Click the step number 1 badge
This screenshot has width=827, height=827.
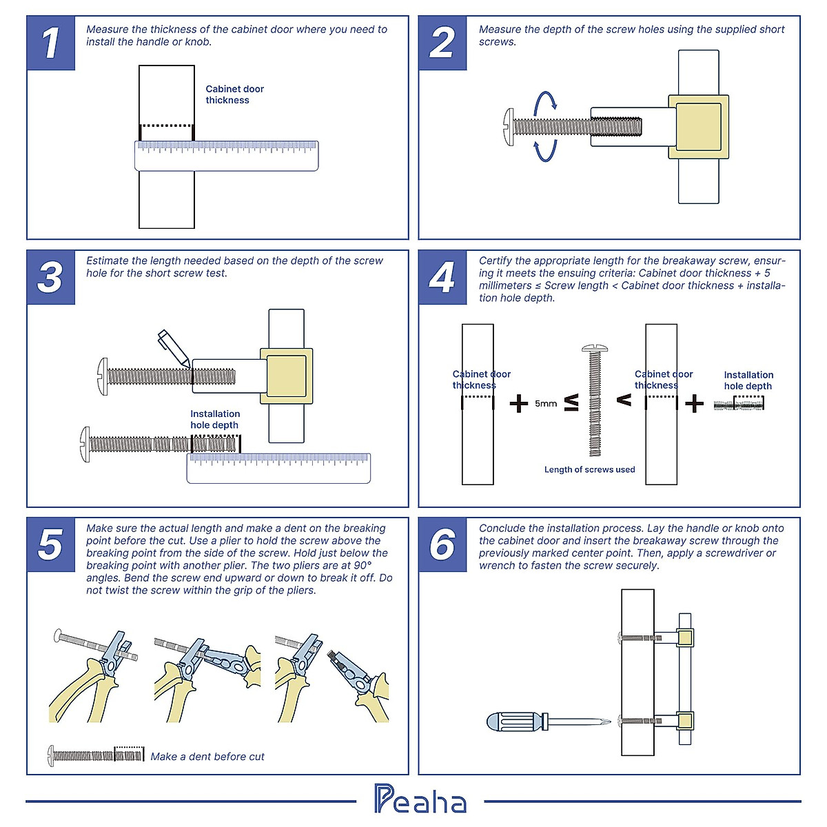click(x=50, y=43)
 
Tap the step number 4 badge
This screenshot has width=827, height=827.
click(x=442, y=277)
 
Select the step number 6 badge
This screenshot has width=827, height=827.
click(x=442, y=544)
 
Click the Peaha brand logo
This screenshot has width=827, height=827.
click(x=420, y=799)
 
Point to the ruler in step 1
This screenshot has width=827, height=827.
click(x=227, y=156)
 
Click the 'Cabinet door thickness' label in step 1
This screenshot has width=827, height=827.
click(x=234, y=94)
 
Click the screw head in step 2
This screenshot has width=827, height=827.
click(x=509, y=126)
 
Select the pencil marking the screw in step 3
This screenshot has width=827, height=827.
click(x=173, y=347)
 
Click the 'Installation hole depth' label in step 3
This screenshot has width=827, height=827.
click(x=215, y=419)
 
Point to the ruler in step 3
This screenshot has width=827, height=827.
click(x=278, y=468)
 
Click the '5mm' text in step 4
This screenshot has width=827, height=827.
click(x=546, y=404)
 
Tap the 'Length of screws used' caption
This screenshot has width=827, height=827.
click(x=589, y=469)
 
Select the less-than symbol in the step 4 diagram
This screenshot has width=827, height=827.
click(x=624, y=400)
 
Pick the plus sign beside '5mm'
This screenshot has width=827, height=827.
click(x=518, y=403)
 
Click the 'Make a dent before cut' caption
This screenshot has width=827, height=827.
click(x=207, y=757)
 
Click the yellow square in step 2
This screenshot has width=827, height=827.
click(x=698, y=126)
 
